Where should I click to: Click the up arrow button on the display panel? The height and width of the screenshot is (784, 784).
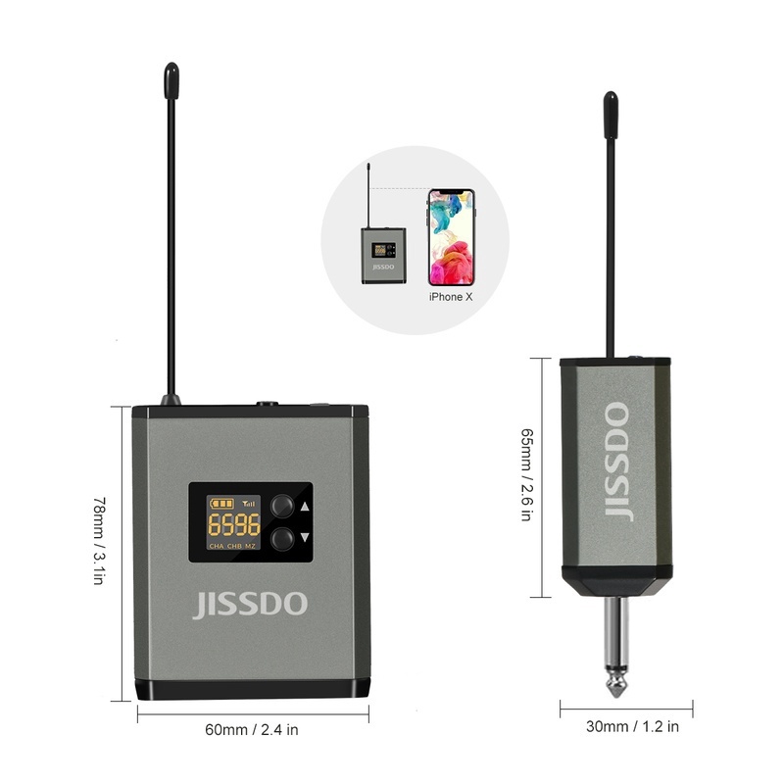[x=282, y=506]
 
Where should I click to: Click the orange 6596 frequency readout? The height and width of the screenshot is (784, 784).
[x=226, y=522]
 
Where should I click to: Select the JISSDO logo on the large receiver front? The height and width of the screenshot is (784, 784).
[x=249, y=604]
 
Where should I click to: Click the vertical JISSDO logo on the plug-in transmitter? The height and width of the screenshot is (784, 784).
[x=616, y=461]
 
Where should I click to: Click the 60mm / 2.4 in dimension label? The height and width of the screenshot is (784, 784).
[x=252, y=729]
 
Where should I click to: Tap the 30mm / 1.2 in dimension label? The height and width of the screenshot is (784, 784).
[x=632, y=726]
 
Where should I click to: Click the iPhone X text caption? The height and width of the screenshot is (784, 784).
[x=452, y=296]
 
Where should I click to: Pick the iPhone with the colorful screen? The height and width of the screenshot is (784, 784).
[x=451, y=237]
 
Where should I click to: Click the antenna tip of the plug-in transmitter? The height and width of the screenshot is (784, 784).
[x=610, y=102]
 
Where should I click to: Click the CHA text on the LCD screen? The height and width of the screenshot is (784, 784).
[x=216, y=545]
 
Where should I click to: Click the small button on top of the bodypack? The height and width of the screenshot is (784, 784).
[x=266, y=402]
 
